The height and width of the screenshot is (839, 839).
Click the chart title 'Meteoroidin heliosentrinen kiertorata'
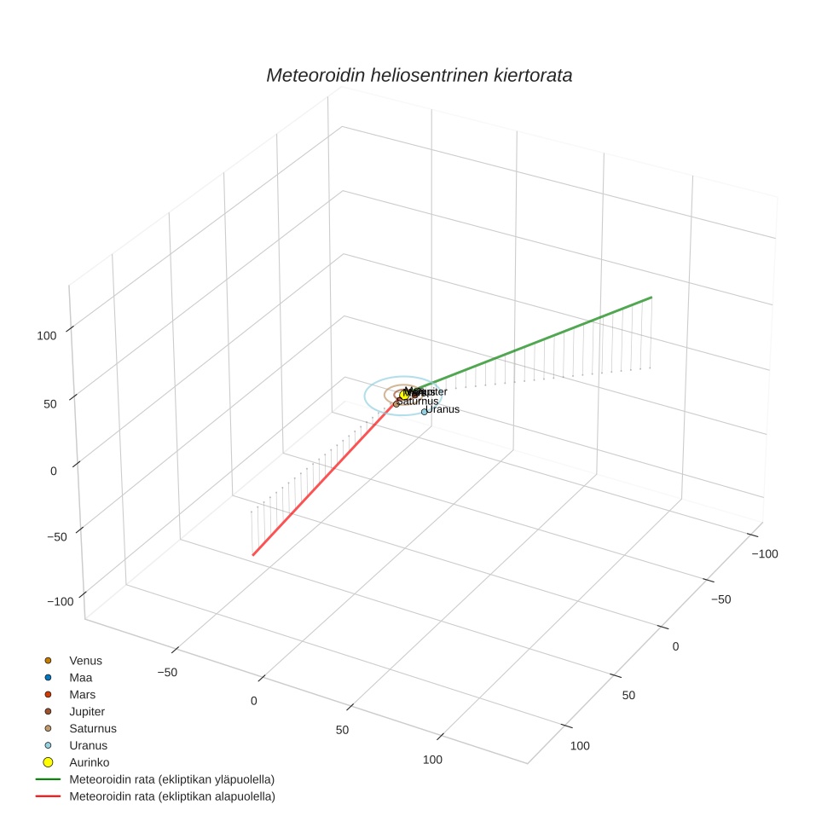tap(419, 75)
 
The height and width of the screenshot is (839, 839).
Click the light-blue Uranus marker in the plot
tap(424, 412)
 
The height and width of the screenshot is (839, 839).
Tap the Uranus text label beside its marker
tap(443, 409)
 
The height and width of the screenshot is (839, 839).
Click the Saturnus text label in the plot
tap(419, 401)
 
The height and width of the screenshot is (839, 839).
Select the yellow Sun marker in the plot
tap(405, 395)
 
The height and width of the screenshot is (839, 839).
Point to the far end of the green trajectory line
tap(651, 297)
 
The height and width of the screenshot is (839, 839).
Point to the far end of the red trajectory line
tap(252, 555)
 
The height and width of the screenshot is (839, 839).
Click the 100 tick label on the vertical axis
tap(47, 335)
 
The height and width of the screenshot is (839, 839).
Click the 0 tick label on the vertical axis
tap(53, 471)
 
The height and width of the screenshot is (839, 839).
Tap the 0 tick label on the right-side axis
tap(675, 646)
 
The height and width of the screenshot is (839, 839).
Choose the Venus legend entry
tap(85, 660)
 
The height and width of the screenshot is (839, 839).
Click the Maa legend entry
tap(81, 677)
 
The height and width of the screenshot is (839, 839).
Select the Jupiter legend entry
tap(87, 711)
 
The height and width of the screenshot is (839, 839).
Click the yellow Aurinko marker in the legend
tap(49, 762)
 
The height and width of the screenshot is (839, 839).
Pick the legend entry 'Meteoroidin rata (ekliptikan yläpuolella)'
tap(171, 779)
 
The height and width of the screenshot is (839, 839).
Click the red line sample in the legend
tap(48, 796)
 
